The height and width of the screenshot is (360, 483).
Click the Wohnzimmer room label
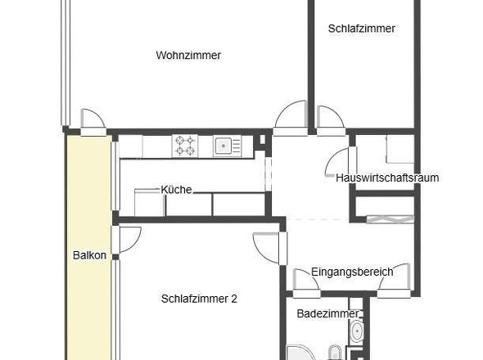click(x=188, y=56)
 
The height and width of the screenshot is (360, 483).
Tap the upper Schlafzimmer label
click(x=361, y=29)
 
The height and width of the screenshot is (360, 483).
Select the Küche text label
click(x=176, y=189)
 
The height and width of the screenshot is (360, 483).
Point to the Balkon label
click(x=88, y=255)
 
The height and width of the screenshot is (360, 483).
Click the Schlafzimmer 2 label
click(x=199, y=299)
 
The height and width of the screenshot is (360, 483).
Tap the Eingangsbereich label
click(x=352, y=272)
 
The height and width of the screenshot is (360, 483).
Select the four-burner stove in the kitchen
click(x=185, y=146)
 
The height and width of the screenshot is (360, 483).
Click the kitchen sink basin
click(x=226, y=146)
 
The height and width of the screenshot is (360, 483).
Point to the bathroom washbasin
click(x=356, y=332)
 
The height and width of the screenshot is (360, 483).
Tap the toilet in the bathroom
click(x=335, y=353)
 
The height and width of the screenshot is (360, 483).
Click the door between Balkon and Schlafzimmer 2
click(x=129, y=241)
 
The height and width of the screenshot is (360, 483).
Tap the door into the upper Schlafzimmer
click(x=331, y=119)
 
